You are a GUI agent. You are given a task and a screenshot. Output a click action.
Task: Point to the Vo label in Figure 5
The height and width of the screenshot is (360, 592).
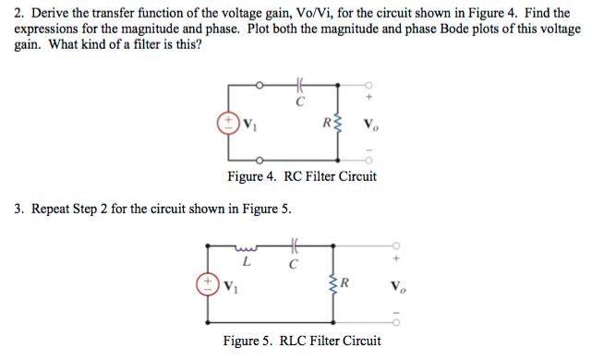398,283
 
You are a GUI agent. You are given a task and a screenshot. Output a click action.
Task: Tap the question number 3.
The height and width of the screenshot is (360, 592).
19,209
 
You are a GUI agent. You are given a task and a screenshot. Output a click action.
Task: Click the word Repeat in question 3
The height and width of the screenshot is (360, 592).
53,209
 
